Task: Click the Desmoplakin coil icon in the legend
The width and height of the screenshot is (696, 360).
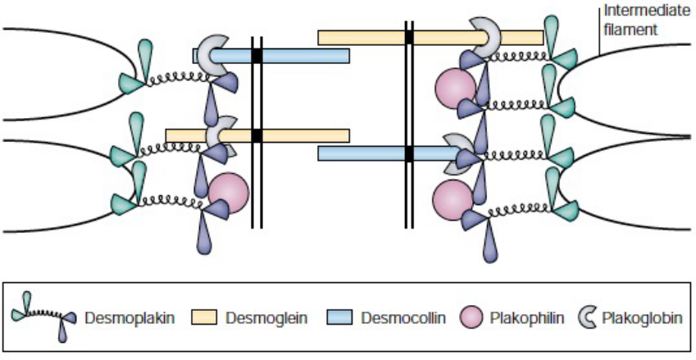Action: coord(44,315)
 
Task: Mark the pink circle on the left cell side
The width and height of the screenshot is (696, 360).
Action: coord(228,194)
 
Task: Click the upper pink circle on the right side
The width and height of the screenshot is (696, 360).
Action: coord(455,89)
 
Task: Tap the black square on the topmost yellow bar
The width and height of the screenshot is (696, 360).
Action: coord(408,37)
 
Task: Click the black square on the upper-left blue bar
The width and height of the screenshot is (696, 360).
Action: coord(257,56)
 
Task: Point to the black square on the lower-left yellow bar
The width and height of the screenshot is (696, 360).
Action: coord(257,135)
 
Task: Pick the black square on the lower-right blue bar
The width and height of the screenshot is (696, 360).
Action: coord(408,153)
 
